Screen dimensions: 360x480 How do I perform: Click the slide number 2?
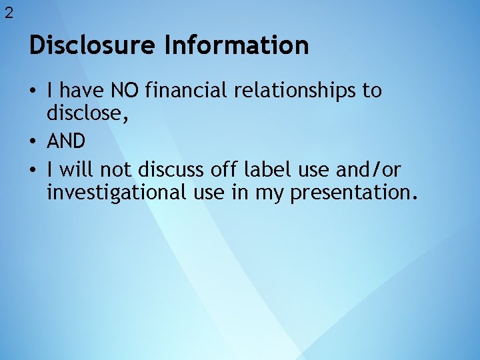point(9,13)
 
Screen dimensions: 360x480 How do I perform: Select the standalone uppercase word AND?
point(66,141)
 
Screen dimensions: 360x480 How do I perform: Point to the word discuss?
point(172,170)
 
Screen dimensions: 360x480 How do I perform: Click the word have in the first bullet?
point(82,90)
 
